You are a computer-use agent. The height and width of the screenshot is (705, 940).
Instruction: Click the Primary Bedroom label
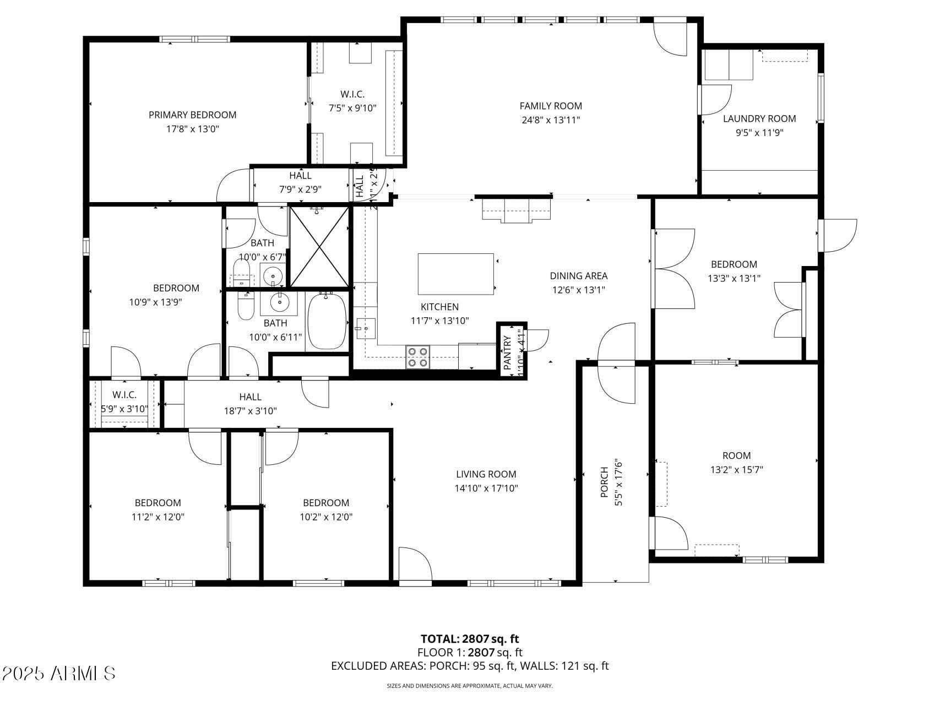pos(192,115)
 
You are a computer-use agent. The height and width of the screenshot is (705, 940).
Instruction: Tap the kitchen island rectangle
pos(455,274)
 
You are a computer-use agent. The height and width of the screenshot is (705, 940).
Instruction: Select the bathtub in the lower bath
pos(327,321)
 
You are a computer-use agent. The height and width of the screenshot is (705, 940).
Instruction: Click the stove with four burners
pos(418,356)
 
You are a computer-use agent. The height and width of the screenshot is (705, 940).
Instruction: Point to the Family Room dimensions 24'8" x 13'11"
pos(550,120)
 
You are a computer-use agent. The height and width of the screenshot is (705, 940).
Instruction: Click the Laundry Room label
pos(759,118)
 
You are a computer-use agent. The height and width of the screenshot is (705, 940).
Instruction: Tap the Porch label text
pos(605,482)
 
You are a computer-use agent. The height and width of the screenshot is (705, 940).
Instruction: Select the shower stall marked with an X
pos(319,246)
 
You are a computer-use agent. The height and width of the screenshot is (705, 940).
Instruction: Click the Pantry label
pos(507,352)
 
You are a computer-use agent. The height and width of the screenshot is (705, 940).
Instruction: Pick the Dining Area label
pos(578,276)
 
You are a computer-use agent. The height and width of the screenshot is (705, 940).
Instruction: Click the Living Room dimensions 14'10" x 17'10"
pos(486,488)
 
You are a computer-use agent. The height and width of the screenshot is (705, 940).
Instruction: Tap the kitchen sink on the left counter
pos(364,329)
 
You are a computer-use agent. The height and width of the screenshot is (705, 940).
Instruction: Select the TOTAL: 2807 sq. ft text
pos(470,639)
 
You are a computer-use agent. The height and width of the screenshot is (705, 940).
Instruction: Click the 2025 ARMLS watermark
pos(58,673)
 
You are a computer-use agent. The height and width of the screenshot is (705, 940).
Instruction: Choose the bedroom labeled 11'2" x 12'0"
pos(157,509)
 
